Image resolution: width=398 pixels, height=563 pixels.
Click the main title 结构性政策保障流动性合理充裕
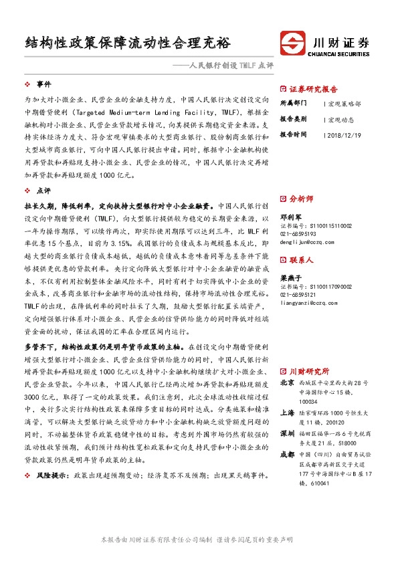pos(127,43)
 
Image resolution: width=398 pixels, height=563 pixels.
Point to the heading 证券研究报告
pos(313,89)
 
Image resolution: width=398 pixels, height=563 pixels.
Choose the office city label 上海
pos(287,413)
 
